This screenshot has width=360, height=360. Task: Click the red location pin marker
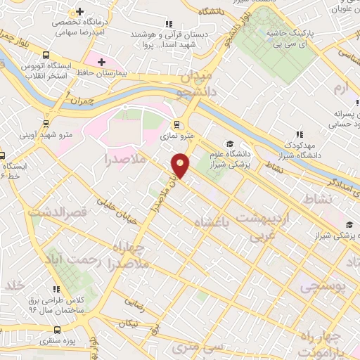pyautogui.click(x=181, y=165)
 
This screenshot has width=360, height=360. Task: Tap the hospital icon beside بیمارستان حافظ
pyautogui.click(x=102, y=63)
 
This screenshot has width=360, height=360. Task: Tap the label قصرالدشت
pyautogui.click(x=54, y=210)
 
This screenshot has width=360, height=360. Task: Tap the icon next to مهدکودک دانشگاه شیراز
pyautogui.click(x=300, y=134)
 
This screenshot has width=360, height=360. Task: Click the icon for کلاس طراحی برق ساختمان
pyautogui.click(x=57, y=289)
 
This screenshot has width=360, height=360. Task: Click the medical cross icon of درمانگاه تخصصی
pyautogui.click(x=81, y=13)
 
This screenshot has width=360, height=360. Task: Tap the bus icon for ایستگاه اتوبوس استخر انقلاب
pyautogui.click(x=46, y=55)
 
